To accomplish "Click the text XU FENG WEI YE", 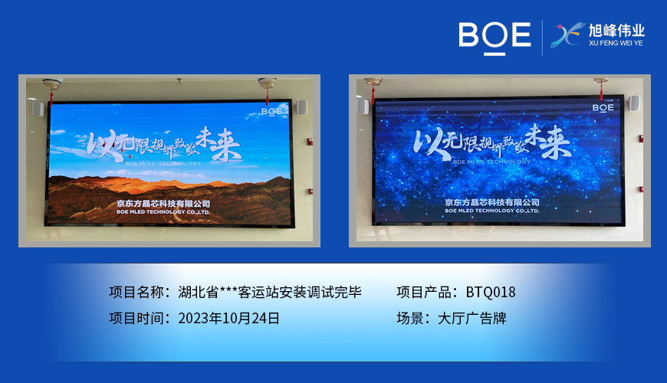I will (x=616, y=44).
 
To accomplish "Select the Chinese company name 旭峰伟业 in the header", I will (x=616, y=31).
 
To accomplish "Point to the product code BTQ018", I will (x=491, y=292).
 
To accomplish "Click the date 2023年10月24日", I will (x=228, y=317).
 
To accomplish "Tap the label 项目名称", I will (x=137, y=292).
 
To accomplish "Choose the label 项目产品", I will (x=425, y=292).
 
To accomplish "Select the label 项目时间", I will (x=137, y=317).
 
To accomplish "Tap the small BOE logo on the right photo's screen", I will (x=603, y=108).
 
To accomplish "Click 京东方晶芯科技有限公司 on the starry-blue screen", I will (x=491, y=202).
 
